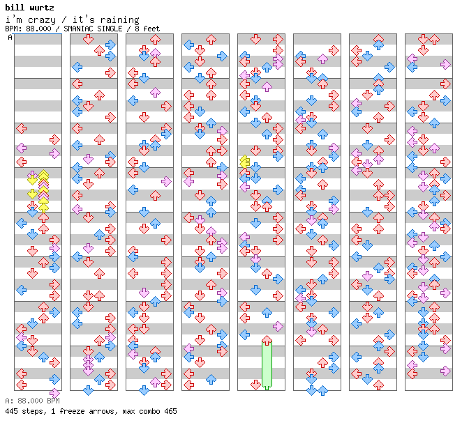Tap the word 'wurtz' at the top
tap(42, 7)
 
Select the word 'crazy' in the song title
tap(42, 20)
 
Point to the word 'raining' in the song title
tap(119, 20)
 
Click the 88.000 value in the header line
tap(38, 29)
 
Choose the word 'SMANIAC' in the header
tap(77, 29)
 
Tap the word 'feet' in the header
tap(151, 29)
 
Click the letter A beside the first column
tap(10, 37)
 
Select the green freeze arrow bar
tap(267, 364)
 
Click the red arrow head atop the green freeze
tap(267, 340)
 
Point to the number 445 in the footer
tap(10, 411)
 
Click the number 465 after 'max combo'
tap(170, 411)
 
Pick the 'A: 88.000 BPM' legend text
tap(32, 401)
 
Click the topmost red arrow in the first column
tap(21, 129)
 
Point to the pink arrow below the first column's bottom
tap(54, 393)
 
